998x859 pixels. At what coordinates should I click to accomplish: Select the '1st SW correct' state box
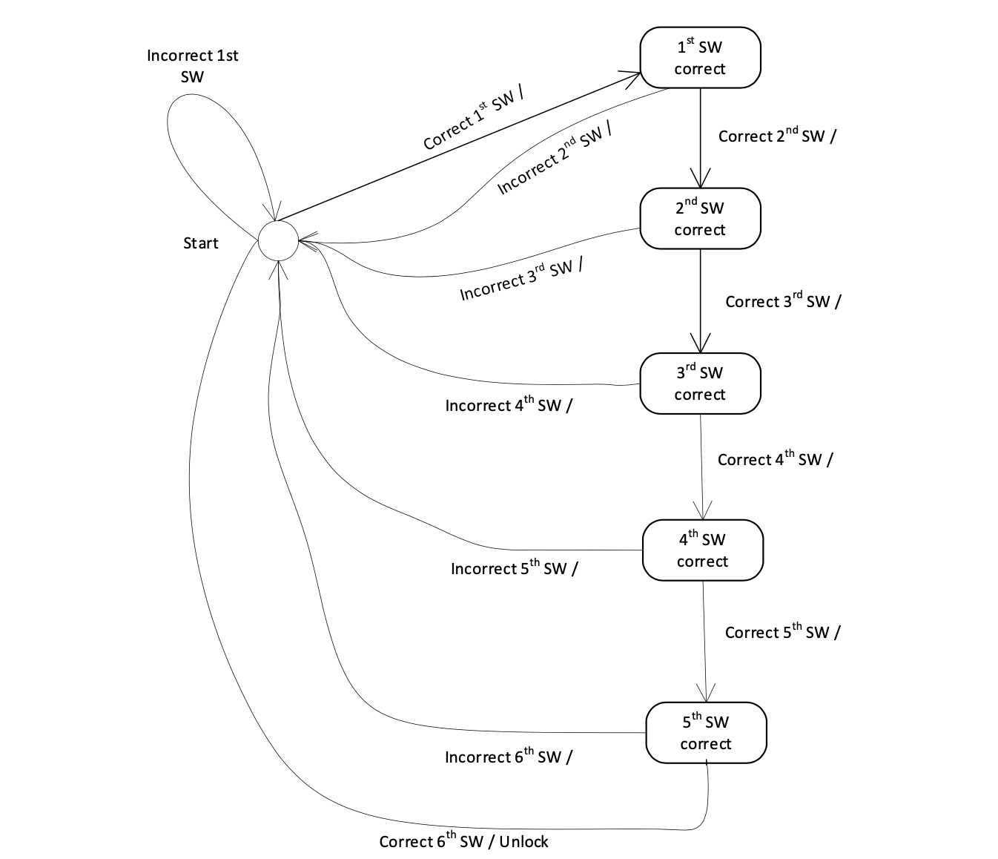click(x=700, y=58)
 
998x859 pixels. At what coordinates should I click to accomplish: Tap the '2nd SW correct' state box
click(x=700, y=219)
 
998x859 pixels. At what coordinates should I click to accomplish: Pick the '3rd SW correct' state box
click(x=700, y=384)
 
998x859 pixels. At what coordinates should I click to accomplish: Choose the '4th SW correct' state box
click(x=702, y=550)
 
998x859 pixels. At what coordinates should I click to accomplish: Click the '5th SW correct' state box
click(x=705, y=733)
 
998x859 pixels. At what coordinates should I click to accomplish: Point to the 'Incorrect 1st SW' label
click(x=193, y=66)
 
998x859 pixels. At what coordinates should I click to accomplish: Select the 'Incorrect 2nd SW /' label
click(x=555, y=158)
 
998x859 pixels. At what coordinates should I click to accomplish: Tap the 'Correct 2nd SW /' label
click(x=777, y=136)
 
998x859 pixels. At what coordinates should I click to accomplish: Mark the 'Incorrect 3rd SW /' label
click(x=521, y=279)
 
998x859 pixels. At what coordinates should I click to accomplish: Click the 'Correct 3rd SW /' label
click(x=783, y=301)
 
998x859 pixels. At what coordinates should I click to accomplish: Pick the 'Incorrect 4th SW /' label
click(x=509, y=406)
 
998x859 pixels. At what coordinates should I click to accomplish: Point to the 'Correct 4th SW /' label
click(x=775, y=459)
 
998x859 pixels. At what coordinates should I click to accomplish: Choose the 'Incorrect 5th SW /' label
click(x=515, y=569)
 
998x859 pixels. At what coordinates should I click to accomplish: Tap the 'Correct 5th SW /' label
click(x=782, y=632)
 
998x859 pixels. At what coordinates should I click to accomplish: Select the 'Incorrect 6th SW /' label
click(x=509, y=757)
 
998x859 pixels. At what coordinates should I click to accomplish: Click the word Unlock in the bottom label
click(x=523, y=841)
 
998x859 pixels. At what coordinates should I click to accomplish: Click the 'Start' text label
click(x=201, y=243)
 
